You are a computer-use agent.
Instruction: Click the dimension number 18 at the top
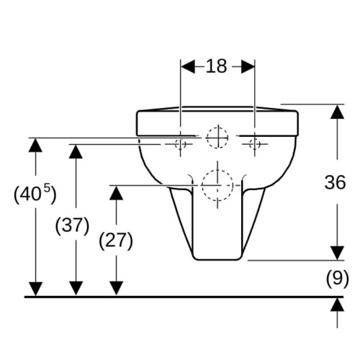click(x=216, y=66)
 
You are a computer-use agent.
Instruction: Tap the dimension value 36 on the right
click(x=335, y=182)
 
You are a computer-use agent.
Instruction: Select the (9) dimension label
click(x=337, y=279)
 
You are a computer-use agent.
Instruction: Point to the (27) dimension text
click(x=116, y=240)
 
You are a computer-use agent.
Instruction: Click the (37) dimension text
click(x=72, y=225)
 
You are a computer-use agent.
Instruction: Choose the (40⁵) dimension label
click(x=35, y=194)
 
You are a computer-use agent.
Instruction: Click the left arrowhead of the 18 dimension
click(x=188, y=66)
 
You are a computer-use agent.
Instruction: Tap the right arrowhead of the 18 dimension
click(x=248, y=66)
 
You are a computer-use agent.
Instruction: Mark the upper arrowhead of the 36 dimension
click(x=337, y=112)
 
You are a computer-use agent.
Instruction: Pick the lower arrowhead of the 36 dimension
click(x=337, y=253)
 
